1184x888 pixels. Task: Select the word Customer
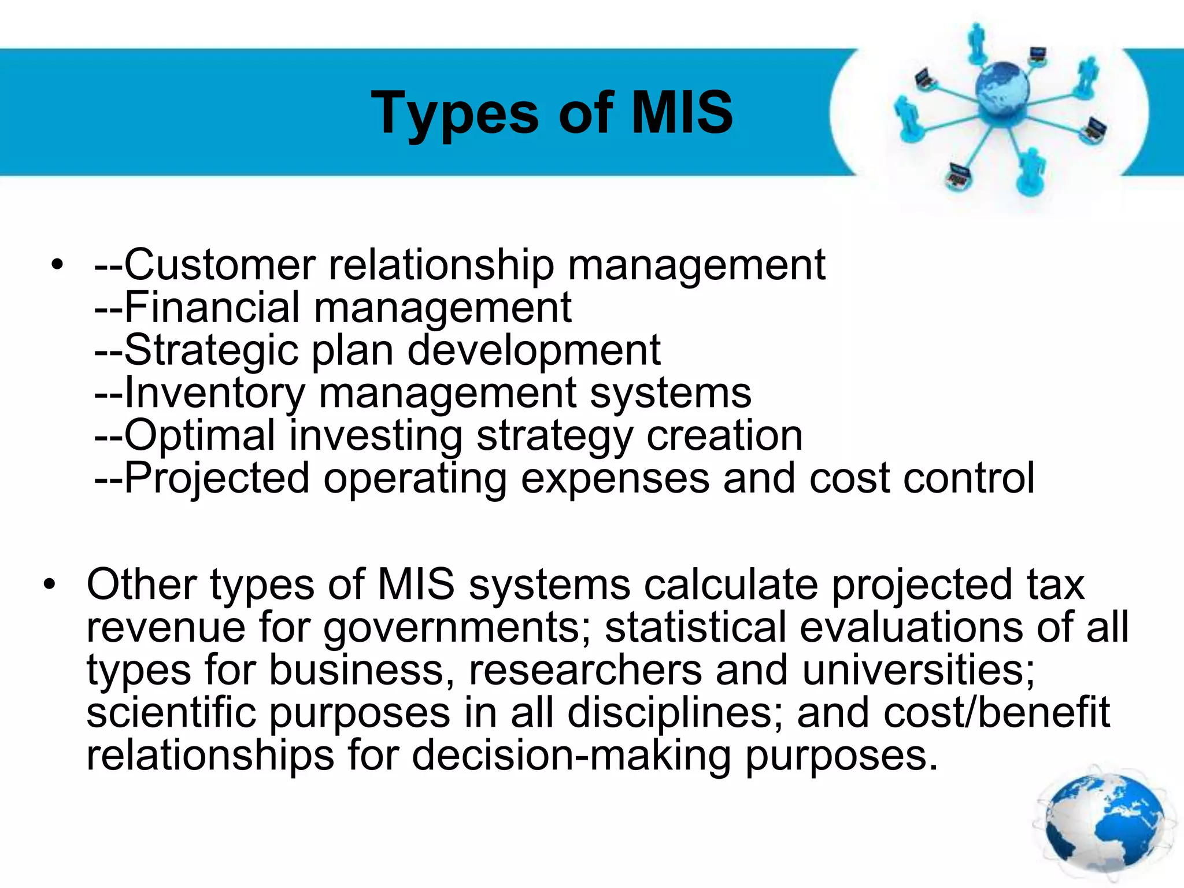pyautogui.click(x=220, y=265)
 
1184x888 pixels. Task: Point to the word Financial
pyautogui.click(x=212, y=307)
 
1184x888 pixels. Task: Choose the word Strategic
pyautogui.click(x=211, y=351)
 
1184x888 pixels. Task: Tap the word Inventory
pyautogui.click(x=214, y=394)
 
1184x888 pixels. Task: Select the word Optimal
pyautogui.click(x=200, y=436)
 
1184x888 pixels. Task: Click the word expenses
pyautogui.click(x=615, y=479)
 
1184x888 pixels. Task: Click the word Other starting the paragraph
pyautogui.click(x=142, y=584)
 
